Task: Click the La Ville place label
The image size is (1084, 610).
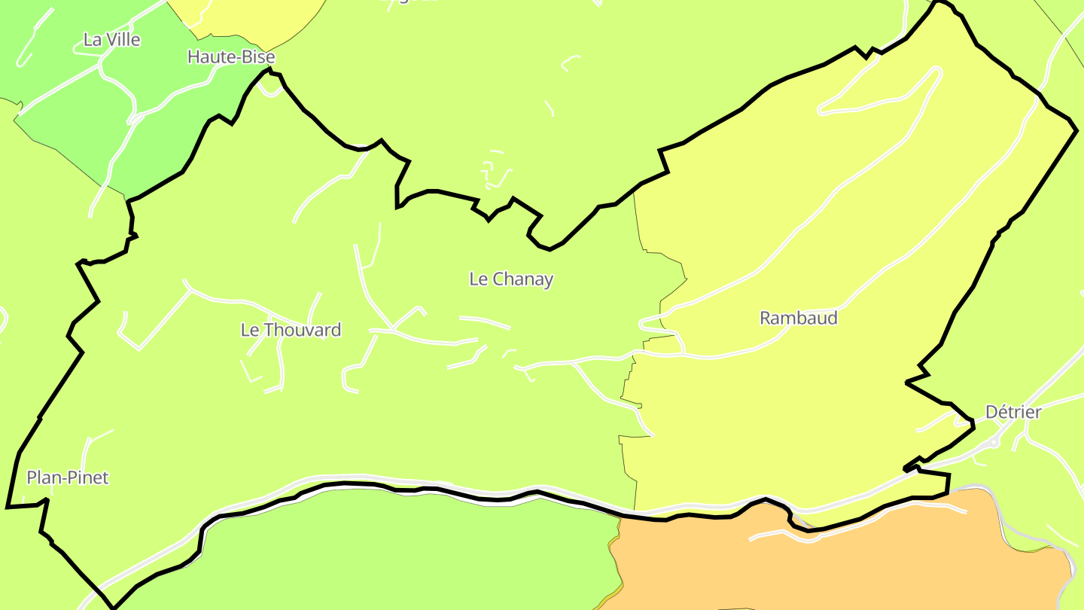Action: tap(111, 40)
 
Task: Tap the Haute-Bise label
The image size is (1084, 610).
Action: tap(231, 57)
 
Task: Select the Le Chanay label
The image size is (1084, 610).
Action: tap(511, 279)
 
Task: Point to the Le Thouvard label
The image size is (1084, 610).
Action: tap(291, 330)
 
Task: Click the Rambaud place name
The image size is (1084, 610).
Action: tap(798, 318)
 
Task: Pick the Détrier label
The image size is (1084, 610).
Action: tap(1013, 412)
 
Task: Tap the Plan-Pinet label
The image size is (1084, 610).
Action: tap(68, 477)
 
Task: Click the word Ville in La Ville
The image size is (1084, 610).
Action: tap(123, 40)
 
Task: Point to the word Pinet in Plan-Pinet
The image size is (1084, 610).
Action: tap(89, 477)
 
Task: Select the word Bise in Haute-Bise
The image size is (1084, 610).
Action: tap(259, 57)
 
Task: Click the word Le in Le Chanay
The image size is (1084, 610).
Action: tap(478, 279)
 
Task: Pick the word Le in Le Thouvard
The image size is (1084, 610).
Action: tap(249, 330)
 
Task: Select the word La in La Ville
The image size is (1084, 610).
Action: tap(92, 40)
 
